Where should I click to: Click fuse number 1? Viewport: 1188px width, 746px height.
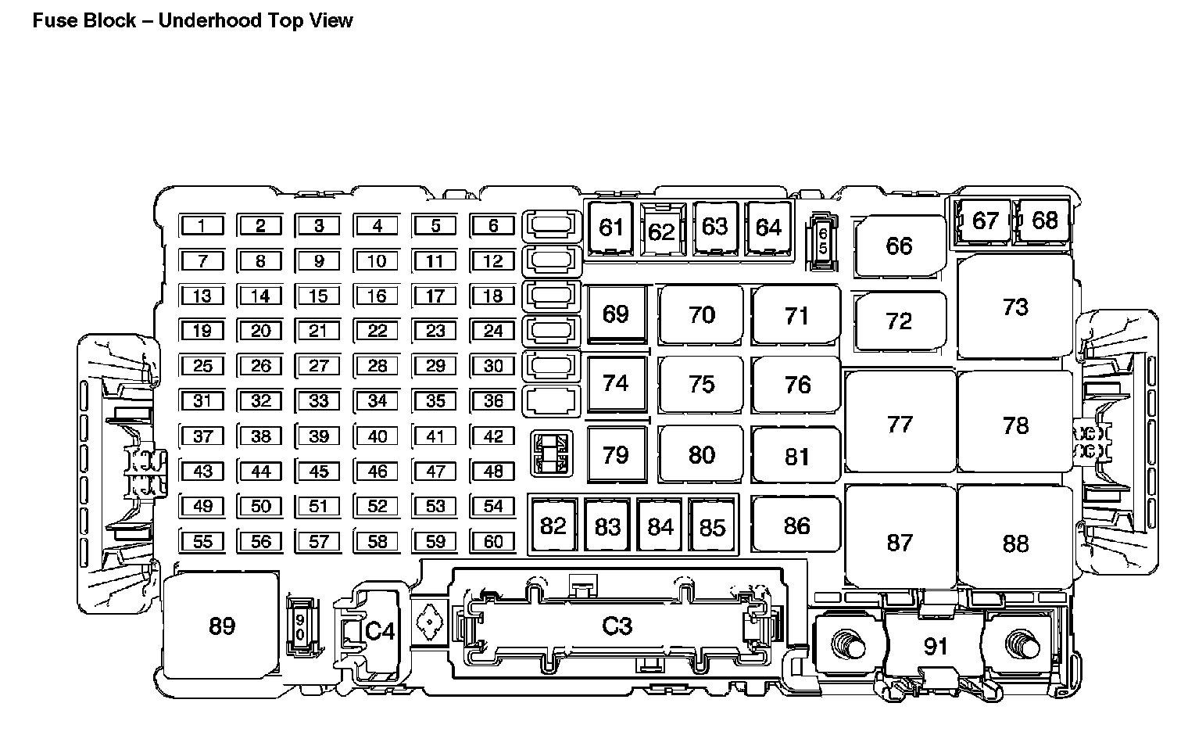click(202, 226)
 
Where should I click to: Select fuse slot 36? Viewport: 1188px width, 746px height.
click(493, 400)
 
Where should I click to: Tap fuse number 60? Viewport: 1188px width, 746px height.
click(493, 541)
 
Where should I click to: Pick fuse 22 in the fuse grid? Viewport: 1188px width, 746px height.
click(377, 331)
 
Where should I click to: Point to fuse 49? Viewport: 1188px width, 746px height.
click(202, 506)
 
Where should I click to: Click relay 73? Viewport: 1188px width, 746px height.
click(1015, 307)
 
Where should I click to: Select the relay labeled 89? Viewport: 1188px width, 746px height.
click(222, 626)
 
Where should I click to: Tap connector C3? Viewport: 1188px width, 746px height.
click(617, 626)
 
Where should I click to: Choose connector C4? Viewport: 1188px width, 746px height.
click(380, 630)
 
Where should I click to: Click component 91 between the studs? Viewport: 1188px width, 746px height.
click(936, 646)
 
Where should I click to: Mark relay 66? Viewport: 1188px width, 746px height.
click(899, 246)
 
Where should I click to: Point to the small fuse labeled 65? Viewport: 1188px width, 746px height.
click(822, 241)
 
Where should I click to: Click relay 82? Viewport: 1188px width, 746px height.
click(553, 525)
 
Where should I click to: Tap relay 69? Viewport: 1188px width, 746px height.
click(616, 314)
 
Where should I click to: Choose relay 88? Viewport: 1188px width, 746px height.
click(1015, 543)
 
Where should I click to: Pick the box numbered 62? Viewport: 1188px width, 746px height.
click(661, 231)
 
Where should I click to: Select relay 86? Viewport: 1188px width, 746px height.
click(796, 525)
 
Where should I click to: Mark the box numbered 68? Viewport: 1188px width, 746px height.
click(1044, 221)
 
